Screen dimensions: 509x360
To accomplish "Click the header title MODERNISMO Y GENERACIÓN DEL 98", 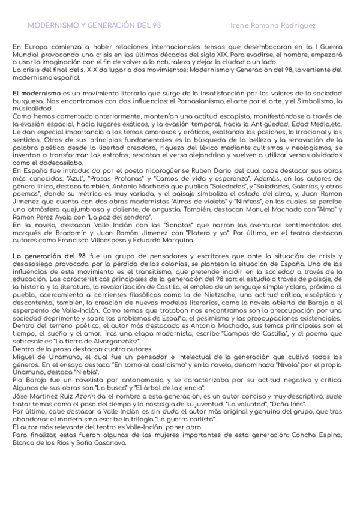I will click(94, 27).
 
